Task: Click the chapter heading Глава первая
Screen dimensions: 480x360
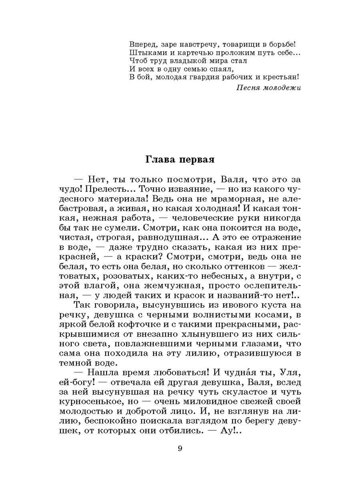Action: point(180,160)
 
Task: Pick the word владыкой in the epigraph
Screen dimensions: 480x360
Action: point(191,61)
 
